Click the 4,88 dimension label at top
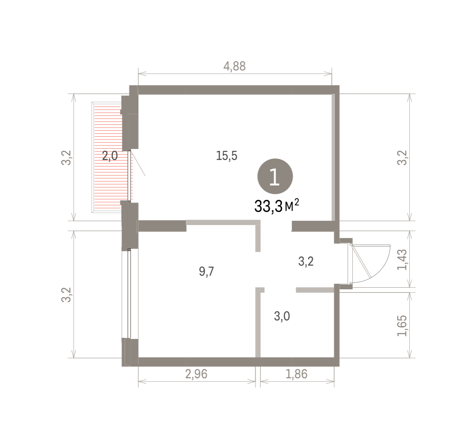[234, 66]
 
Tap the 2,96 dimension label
[196, 374]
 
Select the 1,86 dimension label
[296, 374]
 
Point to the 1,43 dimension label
[402, 260]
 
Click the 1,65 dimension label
[402, 326]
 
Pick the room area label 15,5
[226, 156]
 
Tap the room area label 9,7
[206, 272]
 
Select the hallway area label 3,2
[306, 262]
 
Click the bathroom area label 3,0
[282, 316]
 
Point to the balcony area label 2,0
[110, 156]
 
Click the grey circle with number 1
[275, 176]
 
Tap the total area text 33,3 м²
[277, 206]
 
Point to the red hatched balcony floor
[108, 158]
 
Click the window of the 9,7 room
[129, 294]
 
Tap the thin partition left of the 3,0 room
[258, 322]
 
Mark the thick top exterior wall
[234, 90]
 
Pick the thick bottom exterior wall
[231, 362]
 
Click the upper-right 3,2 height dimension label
[402, 158]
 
